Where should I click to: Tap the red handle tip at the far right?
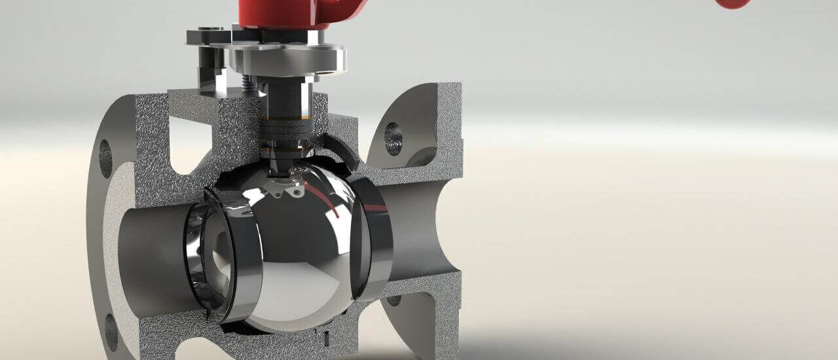coord(733,3)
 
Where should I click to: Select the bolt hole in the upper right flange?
coord(393,139)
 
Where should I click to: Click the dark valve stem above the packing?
coord(283,98)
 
